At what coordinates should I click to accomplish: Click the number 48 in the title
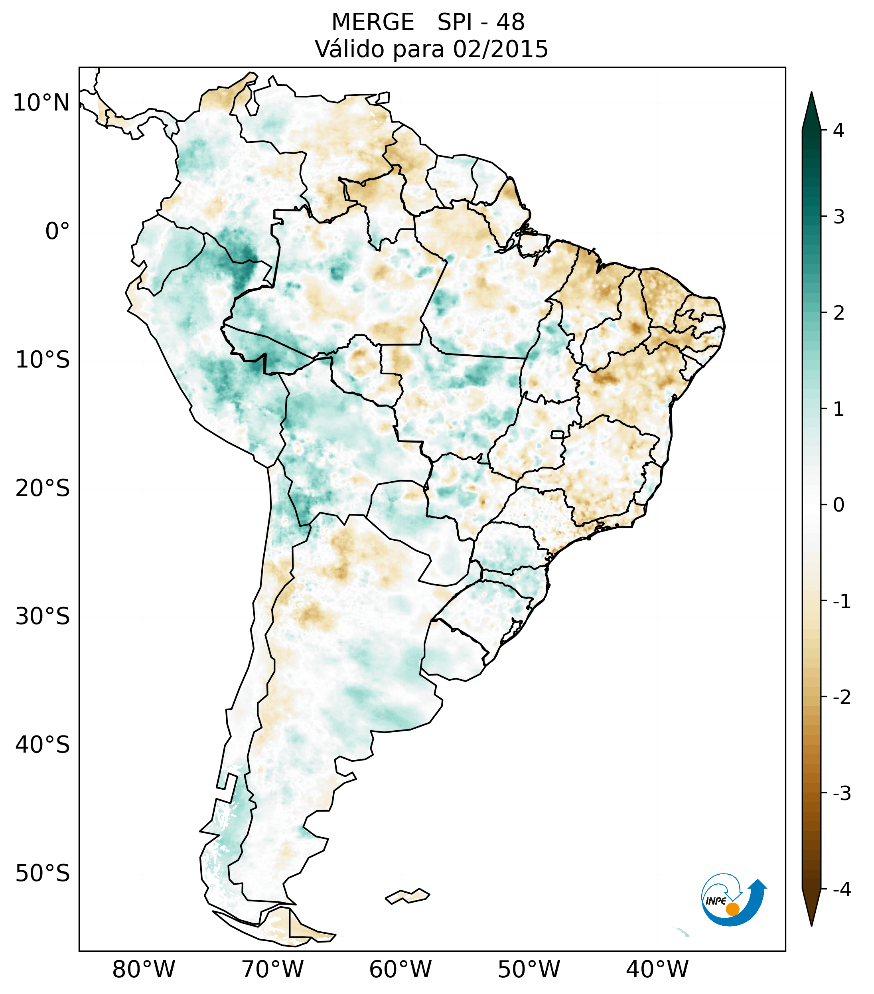[x=511, y=22]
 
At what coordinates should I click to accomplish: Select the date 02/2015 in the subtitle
[x=500, y=49]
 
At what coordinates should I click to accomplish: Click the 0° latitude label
[x=57, y=231]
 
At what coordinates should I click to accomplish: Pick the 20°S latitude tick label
[x=43, y=489]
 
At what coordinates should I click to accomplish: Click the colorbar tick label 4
[x=838, y=130]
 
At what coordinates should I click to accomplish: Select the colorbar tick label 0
[x=838, y=505]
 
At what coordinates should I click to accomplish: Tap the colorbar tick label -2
[x=841, y=698]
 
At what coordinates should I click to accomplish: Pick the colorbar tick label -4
[x=841, y=890]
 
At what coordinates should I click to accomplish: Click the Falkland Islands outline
[x=407, y=896]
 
